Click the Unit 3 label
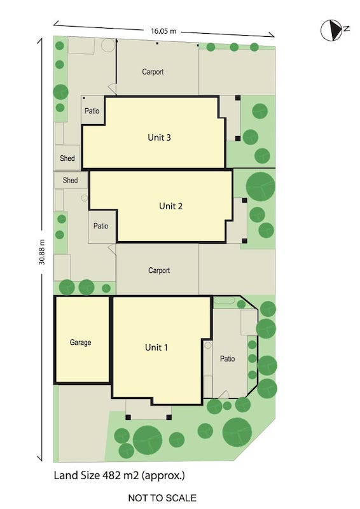click(x=159, y=137)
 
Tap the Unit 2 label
click(x=170, y=206)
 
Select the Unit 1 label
click(x=156, y=347)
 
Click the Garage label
click(x=80, y=342)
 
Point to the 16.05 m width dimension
click(x=163, y=31)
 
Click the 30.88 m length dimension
click(x=42, y=252)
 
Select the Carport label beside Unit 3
click(x=153, y=72)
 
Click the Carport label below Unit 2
click(x=159, y=270)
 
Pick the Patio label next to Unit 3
click(x=92, y=111)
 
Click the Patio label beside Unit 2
click(x=100, y=226)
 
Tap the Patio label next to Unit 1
click(x=227, y=359)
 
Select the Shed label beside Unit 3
click(x=67, y=158)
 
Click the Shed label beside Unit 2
click(x=70, y=180)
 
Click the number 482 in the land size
click(x=112, y=475)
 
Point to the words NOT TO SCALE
click(x=162, y=498)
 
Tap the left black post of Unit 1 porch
click(x=128, y=417)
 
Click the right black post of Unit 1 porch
click(x=169, y=417)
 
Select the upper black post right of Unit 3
click(x=238, y=98)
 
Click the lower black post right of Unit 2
click(x=244, y=241)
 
